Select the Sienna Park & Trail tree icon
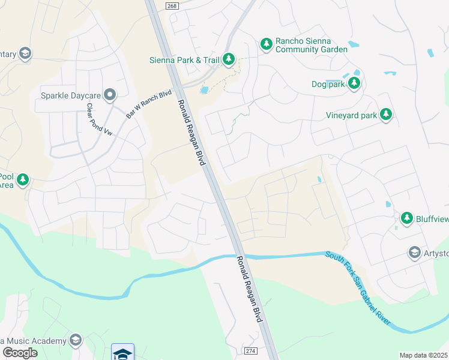tap(228, 59)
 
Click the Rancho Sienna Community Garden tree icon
tap(266, 44)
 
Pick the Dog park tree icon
tap(354, 83)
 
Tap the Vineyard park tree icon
tap(386, 115)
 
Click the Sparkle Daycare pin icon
tap(109, 95)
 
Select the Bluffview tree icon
tap(407, 218)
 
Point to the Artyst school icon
tap(414, 253)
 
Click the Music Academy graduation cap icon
tap(75, 340)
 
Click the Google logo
tap(19, 353)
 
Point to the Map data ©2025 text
tap(423, 355)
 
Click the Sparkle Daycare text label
tap(70, 95)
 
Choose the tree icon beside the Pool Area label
tap(23, 180)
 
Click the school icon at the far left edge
tap(25, 55)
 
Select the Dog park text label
tap(327, 84)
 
